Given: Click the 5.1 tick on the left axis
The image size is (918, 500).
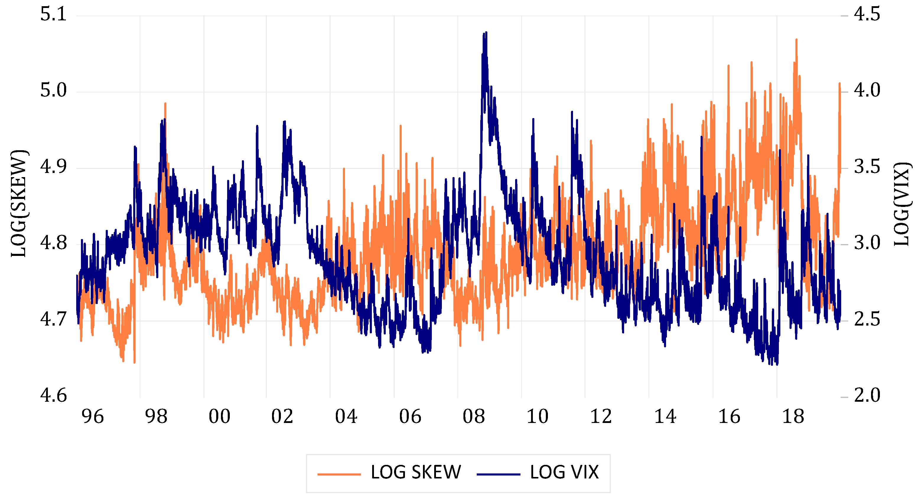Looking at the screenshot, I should [x=53, y=15].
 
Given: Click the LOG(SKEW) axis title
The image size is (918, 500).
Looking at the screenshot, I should [x=19, y=204].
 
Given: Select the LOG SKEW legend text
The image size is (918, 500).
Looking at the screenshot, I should [x=416, y=473].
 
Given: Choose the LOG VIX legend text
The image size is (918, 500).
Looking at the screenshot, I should [x=564, y=473].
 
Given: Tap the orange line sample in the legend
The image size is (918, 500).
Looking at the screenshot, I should [x=339, y=474].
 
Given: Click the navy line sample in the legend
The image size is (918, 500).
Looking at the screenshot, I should [x=498, y=474].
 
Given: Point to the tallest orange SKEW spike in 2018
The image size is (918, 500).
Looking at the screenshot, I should [x=796, y=40].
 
